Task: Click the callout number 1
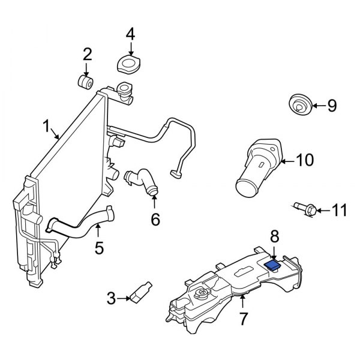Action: (x=46, y=127)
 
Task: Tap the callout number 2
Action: (x=88, y=55)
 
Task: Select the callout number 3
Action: (x=111, y=297)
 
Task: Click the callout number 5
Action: (x=99, y=246)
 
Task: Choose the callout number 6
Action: (x=155, y=220)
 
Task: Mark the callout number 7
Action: (x=243, y=318)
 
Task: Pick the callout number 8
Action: (x=274, y=235)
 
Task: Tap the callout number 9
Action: (x=331, y=106)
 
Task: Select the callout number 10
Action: (x=305, y=160)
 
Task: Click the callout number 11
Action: (x=340, y=210)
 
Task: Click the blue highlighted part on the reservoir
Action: (x=273, y=263)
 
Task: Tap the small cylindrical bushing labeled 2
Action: (x=85, y=81)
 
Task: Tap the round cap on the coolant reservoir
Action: (x=199, y=293)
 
